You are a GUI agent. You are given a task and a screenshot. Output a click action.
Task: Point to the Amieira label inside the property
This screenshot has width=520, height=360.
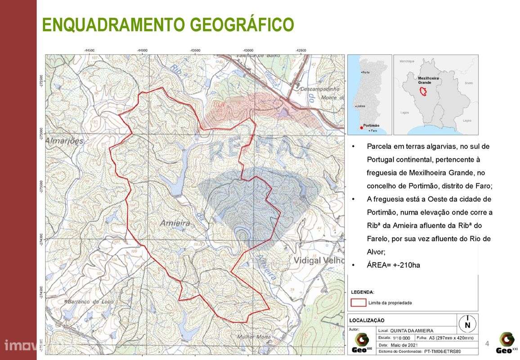(175, 223)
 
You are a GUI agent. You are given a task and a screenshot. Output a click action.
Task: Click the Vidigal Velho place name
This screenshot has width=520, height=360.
(318, 261)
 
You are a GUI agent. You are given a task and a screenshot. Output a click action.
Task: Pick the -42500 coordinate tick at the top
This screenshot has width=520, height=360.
(301, 50)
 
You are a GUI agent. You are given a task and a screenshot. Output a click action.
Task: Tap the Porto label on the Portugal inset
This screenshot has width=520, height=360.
(366, 72)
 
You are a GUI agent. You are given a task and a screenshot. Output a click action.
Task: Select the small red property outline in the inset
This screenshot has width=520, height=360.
(423, 91)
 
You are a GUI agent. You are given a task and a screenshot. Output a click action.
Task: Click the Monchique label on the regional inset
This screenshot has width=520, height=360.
(407, 61)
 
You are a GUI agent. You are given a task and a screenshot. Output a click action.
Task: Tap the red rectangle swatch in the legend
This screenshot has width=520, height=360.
(358, 303)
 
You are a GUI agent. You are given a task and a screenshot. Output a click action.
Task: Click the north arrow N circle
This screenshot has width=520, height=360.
(467, 323)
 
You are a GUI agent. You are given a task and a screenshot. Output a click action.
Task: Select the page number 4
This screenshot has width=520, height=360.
(487, 344)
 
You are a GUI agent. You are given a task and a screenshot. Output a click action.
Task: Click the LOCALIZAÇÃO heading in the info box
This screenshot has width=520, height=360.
(367, 320)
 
